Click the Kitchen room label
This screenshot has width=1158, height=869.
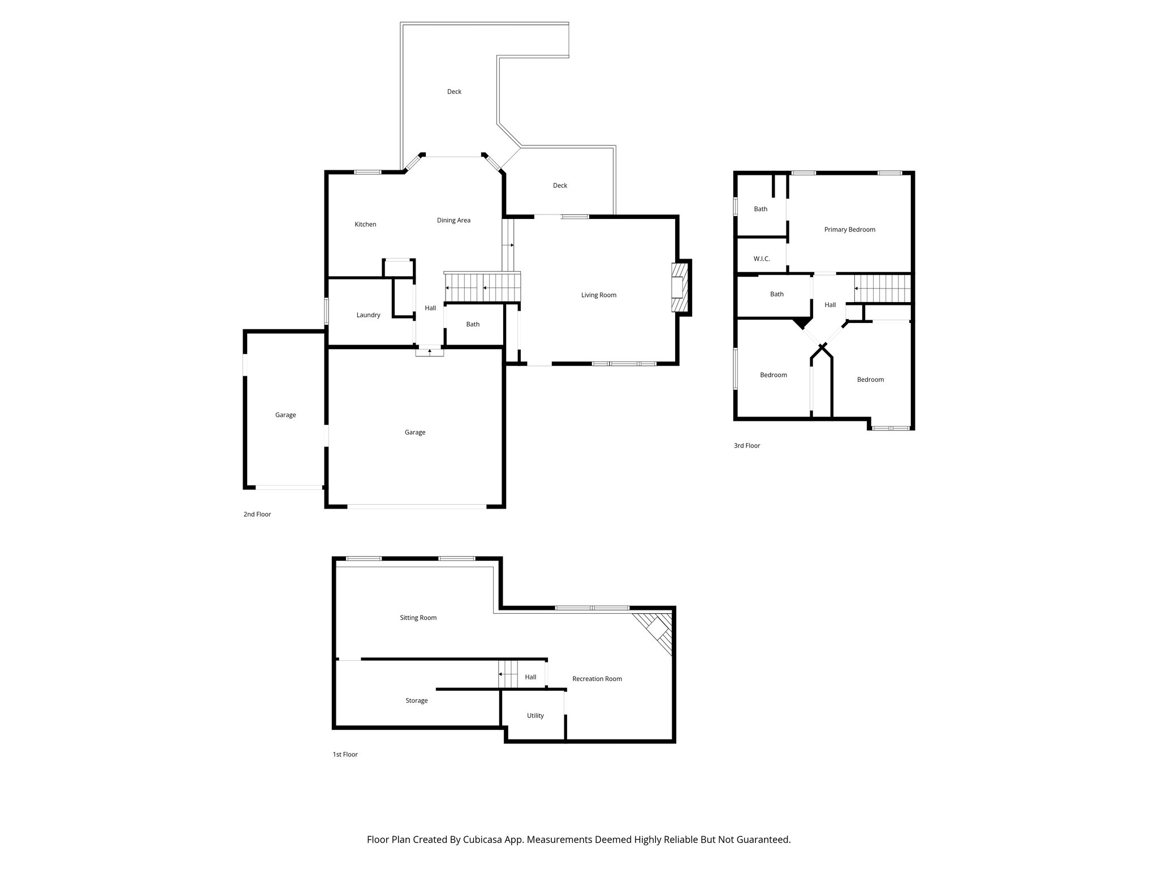coord(365,225)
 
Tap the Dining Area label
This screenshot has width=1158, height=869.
coord(453,221)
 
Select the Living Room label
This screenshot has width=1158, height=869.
coord(599,295)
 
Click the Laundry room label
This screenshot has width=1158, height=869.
coord(368,315)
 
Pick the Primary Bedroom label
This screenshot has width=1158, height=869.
coord(849,230)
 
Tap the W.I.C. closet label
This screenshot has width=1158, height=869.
coord(762,259)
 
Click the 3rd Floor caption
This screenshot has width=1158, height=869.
coord(747,446)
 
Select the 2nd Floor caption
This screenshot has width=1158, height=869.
coord(257,515)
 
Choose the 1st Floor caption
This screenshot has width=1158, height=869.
coord(345,755)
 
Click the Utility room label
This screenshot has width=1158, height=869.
coord(535,716)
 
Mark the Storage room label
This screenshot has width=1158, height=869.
coord(416,701)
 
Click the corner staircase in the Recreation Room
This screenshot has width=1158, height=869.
coord(656,631)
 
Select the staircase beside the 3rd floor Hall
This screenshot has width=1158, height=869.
coord(882,289)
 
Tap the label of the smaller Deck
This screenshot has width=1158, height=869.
coord(560,186)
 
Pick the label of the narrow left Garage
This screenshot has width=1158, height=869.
coord(286,415)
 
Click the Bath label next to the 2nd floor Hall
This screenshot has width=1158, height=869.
coord(473,325)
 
